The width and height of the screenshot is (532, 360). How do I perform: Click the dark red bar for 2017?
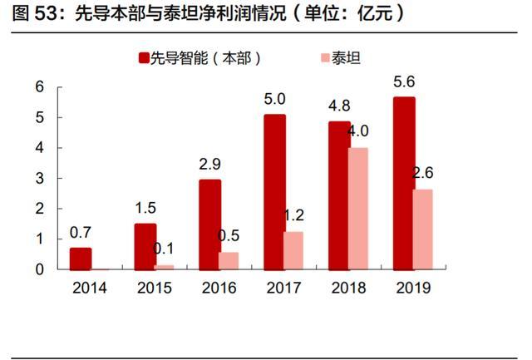[x=274, y=192]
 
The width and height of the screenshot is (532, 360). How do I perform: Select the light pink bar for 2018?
[x=357, y=209]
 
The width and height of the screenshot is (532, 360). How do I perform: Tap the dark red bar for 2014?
[x=81, y=259]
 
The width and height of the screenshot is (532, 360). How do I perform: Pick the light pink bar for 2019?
[x=423, y=229]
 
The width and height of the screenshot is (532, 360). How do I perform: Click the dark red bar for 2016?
[x=210, y=224]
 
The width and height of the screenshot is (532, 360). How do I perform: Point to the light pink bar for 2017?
[x=293, y=250]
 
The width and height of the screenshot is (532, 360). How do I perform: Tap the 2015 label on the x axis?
[x=155, y=288]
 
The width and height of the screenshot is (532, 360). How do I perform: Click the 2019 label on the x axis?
[x=413, y=288]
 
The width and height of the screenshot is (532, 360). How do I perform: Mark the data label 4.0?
[x=358, y=131]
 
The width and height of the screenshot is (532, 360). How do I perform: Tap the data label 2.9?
[x=210, y=164]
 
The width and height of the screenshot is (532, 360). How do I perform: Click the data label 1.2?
[x=293, y=215]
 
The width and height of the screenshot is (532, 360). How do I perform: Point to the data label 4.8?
[x=340, y=106]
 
